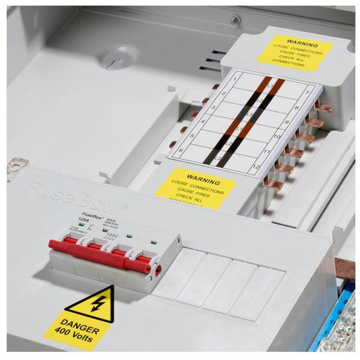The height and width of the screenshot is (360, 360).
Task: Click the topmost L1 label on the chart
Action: point(269,88)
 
